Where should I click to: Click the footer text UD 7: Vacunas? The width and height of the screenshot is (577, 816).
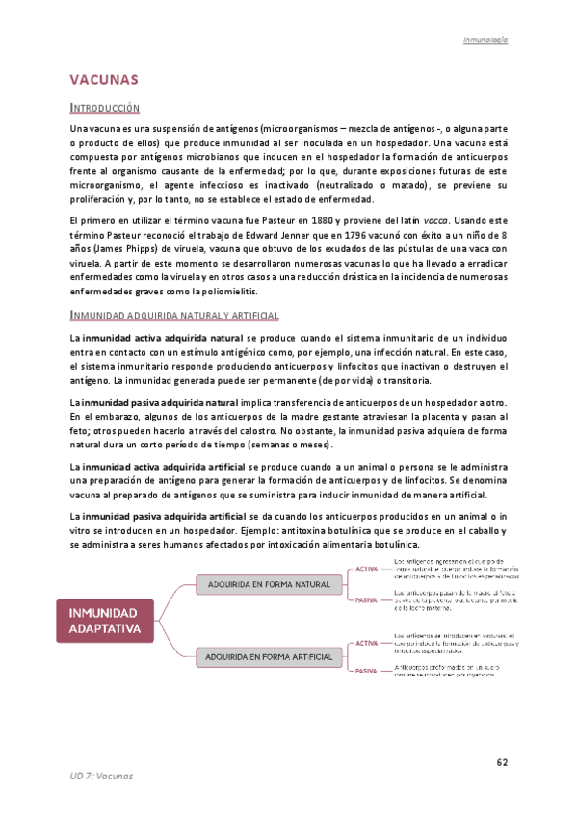pos(101,776)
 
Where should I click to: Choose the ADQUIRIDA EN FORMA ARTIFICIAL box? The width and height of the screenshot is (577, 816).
pos(269,657)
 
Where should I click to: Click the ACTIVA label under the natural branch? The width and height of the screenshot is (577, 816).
pos(366,569)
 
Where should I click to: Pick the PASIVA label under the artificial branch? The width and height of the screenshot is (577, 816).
pos(366,671)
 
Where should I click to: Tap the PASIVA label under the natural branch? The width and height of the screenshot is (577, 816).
pos(366,599)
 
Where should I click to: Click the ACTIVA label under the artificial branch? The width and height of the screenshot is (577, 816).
pos(366,642)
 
